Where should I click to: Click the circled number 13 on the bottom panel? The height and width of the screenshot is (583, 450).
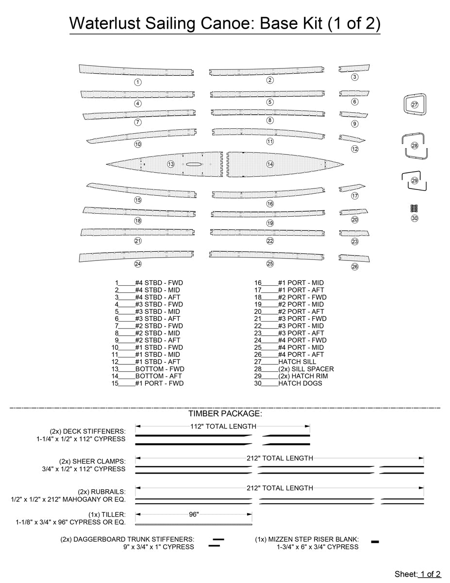[170, 164]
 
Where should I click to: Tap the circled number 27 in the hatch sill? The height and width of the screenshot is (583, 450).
[415, 104]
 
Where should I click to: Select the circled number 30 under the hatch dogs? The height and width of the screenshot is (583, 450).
[415, 218]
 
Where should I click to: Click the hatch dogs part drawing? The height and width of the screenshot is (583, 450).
[414, 208]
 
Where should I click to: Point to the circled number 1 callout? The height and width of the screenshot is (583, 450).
[138, 82]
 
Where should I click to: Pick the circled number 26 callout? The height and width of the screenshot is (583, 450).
[355, 267]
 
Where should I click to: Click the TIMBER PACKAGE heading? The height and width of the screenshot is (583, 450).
[225, 414]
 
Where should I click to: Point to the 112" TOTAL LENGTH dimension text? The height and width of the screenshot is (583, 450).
[223, 427]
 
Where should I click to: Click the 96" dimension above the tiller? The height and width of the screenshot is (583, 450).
[194, 514]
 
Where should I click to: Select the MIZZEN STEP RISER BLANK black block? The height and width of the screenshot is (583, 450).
[375, 541]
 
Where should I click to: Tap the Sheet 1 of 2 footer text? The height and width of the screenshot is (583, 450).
[417, 574]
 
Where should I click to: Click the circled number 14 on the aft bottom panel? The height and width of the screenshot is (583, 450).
[270, 164]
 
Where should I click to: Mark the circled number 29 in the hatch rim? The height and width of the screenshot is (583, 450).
[415, 181]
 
